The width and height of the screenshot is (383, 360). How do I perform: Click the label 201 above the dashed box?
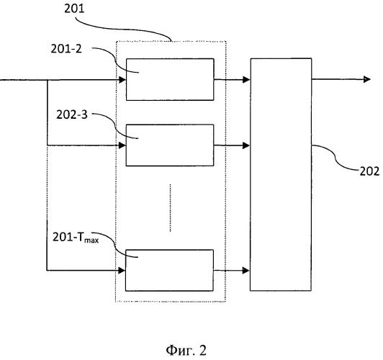click(x=74, y=9)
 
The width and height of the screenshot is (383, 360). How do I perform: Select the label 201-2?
click(x=66, y=49)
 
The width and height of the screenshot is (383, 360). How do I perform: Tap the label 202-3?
click(x=72, y=114)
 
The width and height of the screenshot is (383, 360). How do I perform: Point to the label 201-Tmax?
click(x=76, y=237)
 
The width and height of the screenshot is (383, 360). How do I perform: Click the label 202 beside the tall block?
click(x=369, y=171)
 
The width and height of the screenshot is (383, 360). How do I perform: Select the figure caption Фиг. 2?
click(x=186, y=351)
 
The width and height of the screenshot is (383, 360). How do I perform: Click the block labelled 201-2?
click(x=170, y=79)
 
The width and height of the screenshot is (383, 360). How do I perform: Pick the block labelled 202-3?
click(x=170, y=145)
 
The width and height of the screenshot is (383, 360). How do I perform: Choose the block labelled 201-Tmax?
click(x=169, y=271)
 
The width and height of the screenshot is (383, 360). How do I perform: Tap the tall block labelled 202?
click(x=281, y=174)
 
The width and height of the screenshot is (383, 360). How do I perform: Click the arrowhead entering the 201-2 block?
click(x=122, y=80)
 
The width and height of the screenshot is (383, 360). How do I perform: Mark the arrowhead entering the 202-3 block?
click(x=122, y=145)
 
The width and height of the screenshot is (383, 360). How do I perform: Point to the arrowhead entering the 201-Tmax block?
click(x=122, y=271)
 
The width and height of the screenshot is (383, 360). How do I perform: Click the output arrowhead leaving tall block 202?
click(x=367, y=79)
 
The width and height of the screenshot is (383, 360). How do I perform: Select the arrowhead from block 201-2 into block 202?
click(x=246, y=80)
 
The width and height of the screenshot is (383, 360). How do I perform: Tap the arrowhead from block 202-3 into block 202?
click(x=246, y=145)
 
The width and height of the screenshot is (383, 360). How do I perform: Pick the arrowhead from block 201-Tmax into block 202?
click(x=246, y=271)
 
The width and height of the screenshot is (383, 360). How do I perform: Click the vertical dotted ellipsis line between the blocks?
click(x=170, y=207)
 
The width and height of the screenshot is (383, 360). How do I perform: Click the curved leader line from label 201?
click(x=122, y=29)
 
